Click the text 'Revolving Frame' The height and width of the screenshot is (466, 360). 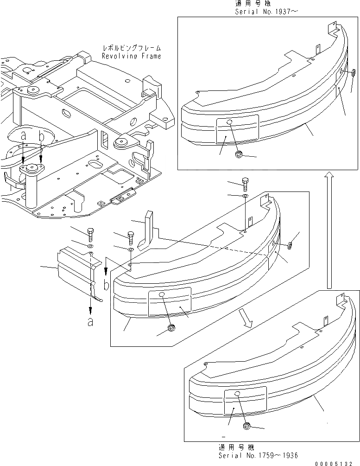(x=132, y=56)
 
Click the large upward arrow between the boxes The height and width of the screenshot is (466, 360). (x=328, y=229)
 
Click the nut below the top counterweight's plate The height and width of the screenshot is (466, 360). (x=238, y=154)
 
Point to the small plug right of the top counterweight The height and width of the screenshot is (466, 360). (x=353, y=72)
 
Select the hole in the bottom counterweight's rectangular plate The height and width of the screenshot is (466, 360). (x=237, y=394)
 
